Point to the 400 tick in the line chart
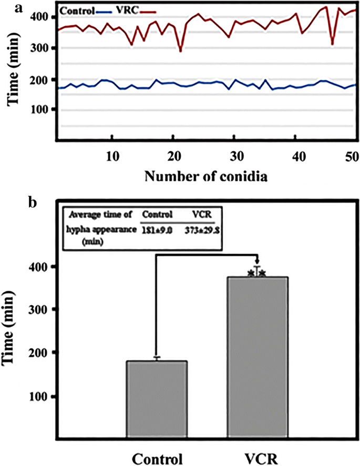click(x=45, y=17)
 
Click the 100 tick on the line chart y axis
click(x=45, y=109)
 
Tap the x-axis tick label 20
click(x=173, y=156)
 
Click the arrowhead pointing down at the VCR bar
click(x=258, y=262)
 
